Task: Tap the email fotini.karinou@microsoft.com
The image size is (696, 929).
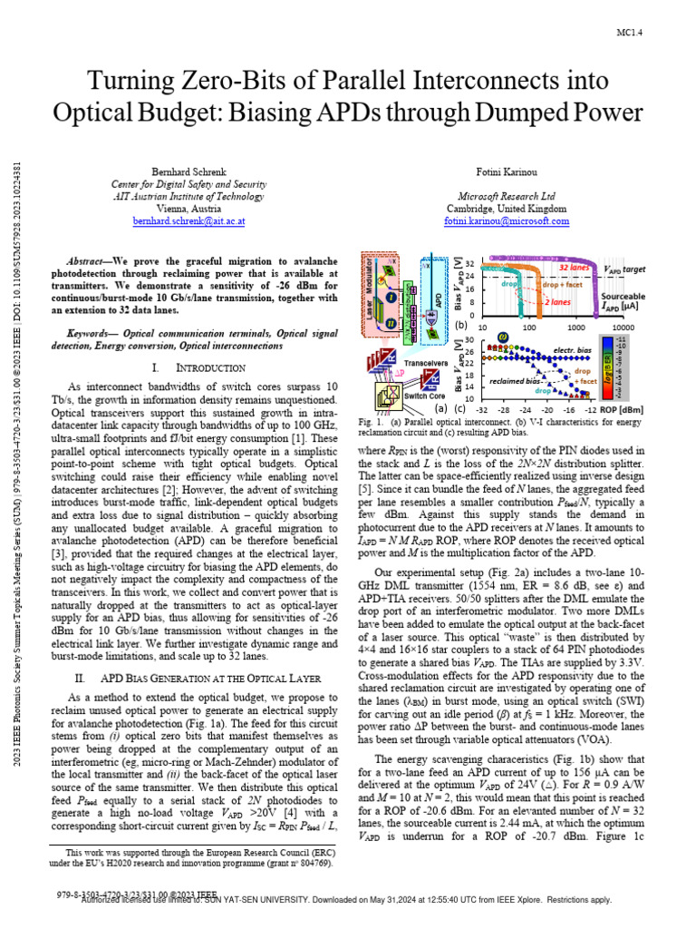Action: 507,220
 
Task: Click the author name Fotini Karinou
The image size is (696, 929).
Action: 507,171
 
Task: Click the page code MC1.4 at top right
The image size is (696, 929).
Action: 630,34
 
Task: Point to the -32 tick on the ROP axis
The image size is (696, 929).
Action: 483,409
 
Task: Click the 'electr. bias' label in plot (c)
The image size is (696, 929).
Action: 571,350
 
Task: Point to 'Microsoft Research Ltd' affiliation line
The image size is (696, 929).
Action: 507,196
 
